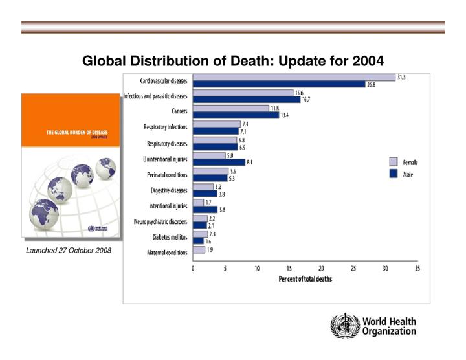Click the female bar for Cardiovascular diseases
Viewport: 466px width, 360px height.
[294, 78]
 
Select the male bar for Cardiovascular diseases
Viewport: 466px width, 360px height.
[279, 84]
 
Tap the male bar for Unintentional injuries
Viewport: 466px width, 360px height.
[219, 163]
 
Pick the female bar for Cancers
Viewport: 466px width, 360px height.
[230, 108]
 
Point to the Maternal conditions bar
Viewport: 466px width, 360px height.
[199, 249]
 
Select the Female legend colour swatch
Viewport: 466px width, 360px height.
[393, 162]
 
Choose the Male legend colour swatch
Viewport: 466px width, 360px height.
[393, 174]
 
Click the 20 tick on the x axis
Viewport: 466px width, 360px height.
[321, 269]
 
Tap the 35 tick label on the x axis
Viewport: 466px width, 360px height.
[416, 269]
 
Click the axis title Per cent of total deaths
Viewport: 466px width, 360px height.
[305, 279]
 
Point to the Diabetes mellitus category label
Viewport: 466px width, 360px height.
[166, 237]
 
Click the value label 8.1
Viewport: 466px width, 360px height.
[250, 163]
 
